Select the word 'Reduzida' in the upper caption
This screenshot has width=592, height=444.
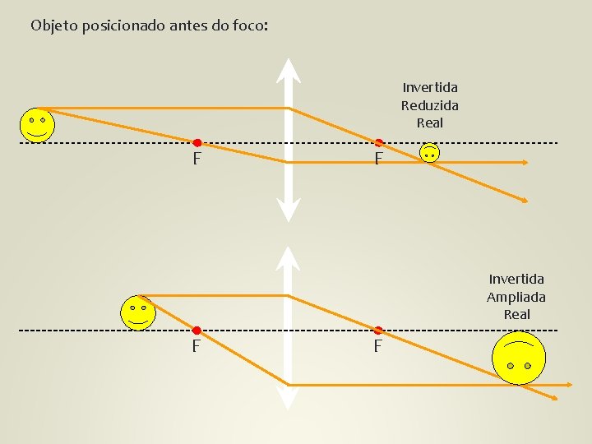click(429, 105)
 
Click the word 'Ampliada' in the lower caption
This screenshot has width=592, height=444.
click(516, 297)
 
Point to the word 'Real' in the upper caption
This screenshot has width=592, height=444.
click(429, 123)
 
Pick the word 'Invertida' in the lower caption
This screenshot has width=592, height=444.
click(516, 280)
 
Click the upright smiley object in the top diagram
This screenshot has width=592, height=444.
click(37, 125)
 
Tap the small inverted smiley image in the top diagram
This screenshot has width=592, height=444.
click(429, 152)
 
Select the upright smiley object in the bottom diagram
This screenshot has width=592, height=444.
click(137, 313)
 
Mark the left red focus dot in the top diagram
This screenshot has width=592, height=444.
click(197, 143)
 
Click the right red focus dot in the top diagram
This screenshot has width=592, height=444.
click(379, 143)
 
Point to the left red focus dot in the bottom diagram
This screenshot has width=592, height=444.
click(197, 331)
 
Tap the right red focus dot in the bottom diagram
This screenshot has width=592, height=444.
click(379, 331)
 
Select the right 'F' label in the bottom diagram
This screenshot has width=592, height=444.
click(377, 347)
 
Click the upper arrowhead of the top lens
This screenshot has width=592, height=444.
click(288, 71)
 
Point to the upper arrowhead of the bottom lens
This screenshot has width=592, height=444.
click(288, 258)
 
